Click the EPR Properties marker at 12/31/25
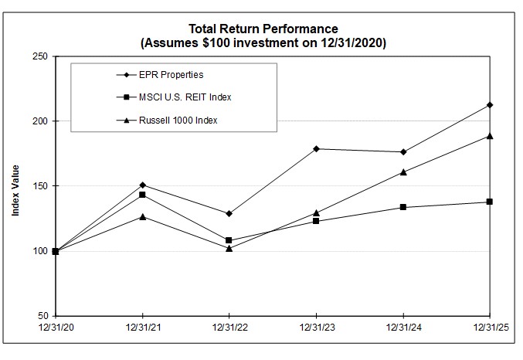click(x=490, y=105)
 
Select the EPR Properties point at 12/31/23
click(x=316, y=148)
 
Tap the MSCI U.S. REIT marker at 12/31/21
click(x=142, y=195)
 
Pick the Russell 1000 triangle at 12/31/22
click(x=229, y=248)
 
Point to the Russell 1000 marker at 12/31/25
click(x=490, y=136)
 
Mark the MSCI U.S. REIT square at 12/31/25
click(x=490, y=202)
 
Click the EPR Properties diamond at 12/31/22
click(x=229, y=213)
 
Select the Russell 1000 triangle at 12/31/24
click(x=403, y=172)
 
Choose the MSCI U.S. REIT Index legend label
click(x=186, y=97)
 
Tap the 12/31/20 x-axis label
click(x=56, y=328)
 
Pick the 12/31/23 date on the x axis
click(x=316, y=328)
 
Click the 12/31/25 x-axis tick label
click(x=490, y=328)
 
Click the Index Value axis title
click(x=15, y=186)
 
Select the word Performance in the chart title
click(x=304, y=30)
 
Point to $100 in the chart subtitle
click(x=216, y=44)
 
